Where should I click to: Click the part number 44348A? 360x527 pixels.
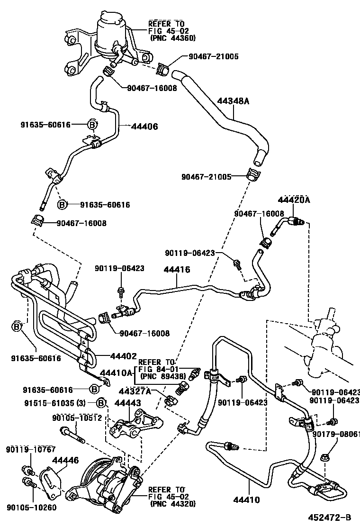tap(234, 101)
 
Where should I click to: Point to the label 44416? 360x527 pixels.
tap(177, 269)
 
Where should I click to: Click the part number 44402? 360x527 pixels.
tap(124, 356)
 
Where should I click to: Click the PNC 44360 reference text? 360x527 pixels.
tap(172, 38)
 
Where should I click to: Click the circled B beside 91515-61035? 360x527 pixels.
tap(101, 403)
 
